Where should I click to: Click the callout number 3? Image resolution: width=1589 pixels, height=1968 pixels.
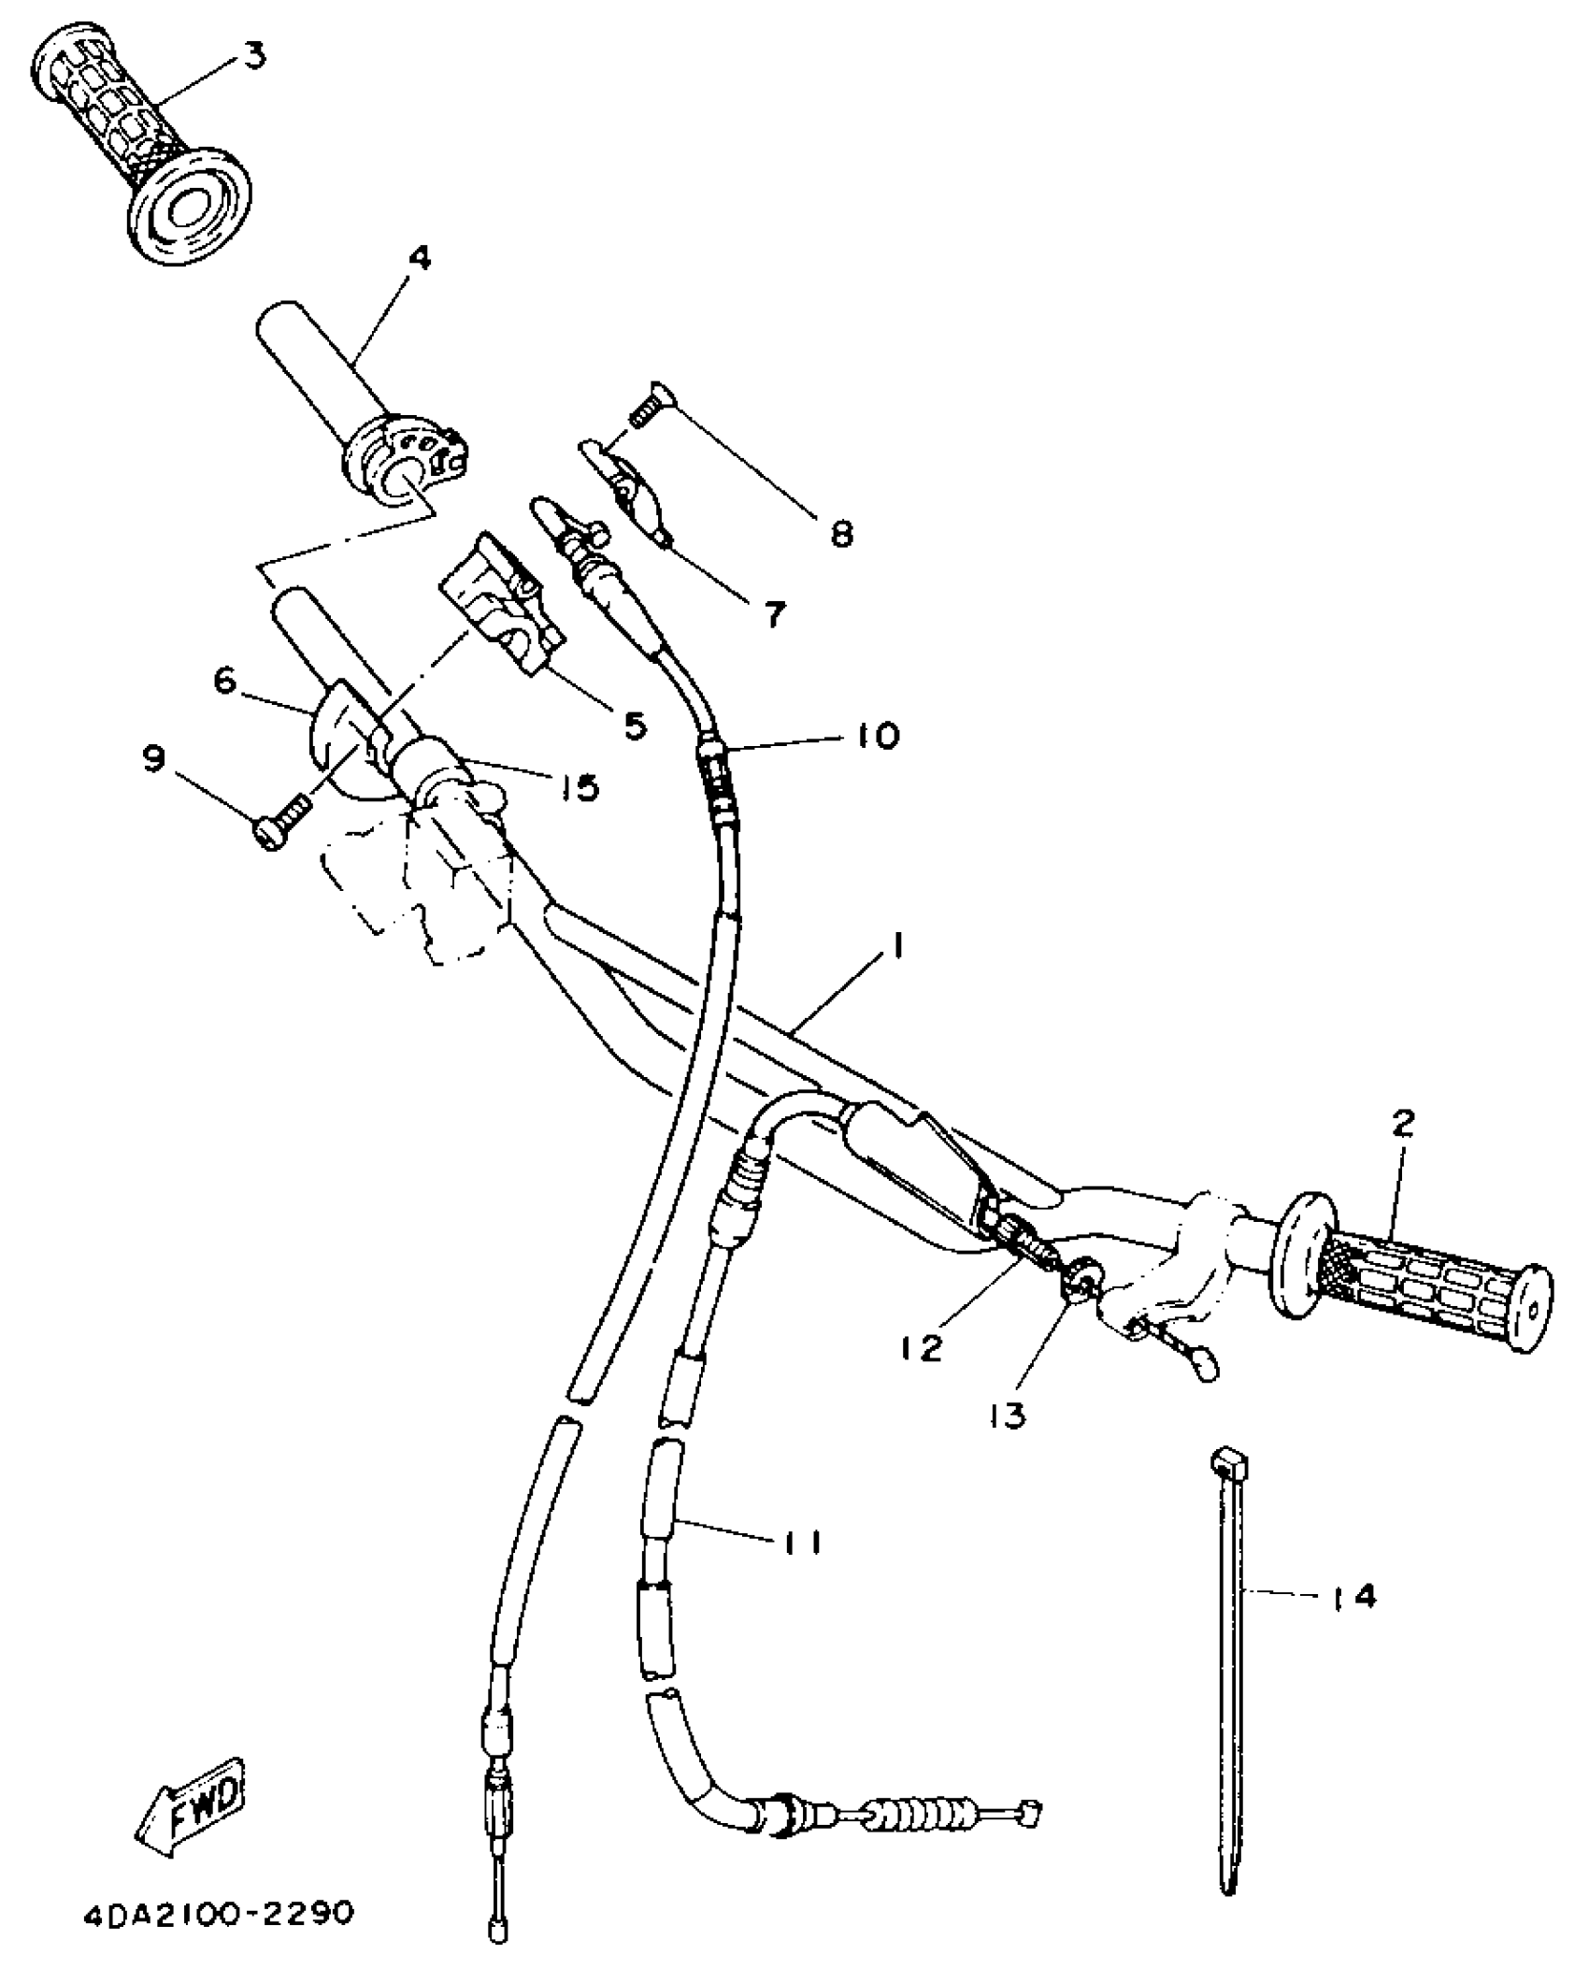tap(252, 55)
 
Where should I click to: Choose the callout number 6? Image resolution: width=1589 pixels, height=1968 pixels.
tap(225, 681)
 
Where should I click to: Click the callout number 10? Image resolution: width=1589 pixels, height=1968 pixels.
tap(875, 734)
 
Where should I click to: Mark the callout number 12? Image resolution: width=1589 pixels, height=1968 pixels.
tap(923, 1347)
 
